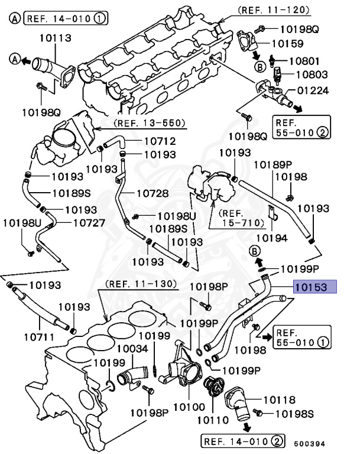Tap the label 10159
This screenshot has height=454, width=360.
287,43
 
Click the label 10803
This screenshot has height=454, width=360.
311,75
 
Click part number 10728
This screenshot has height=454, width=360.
153,193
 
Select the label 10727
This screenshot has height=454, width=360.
89,223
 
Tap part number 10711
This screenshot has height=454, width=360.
40,338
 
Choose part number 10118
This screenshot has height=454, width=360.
279,400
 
